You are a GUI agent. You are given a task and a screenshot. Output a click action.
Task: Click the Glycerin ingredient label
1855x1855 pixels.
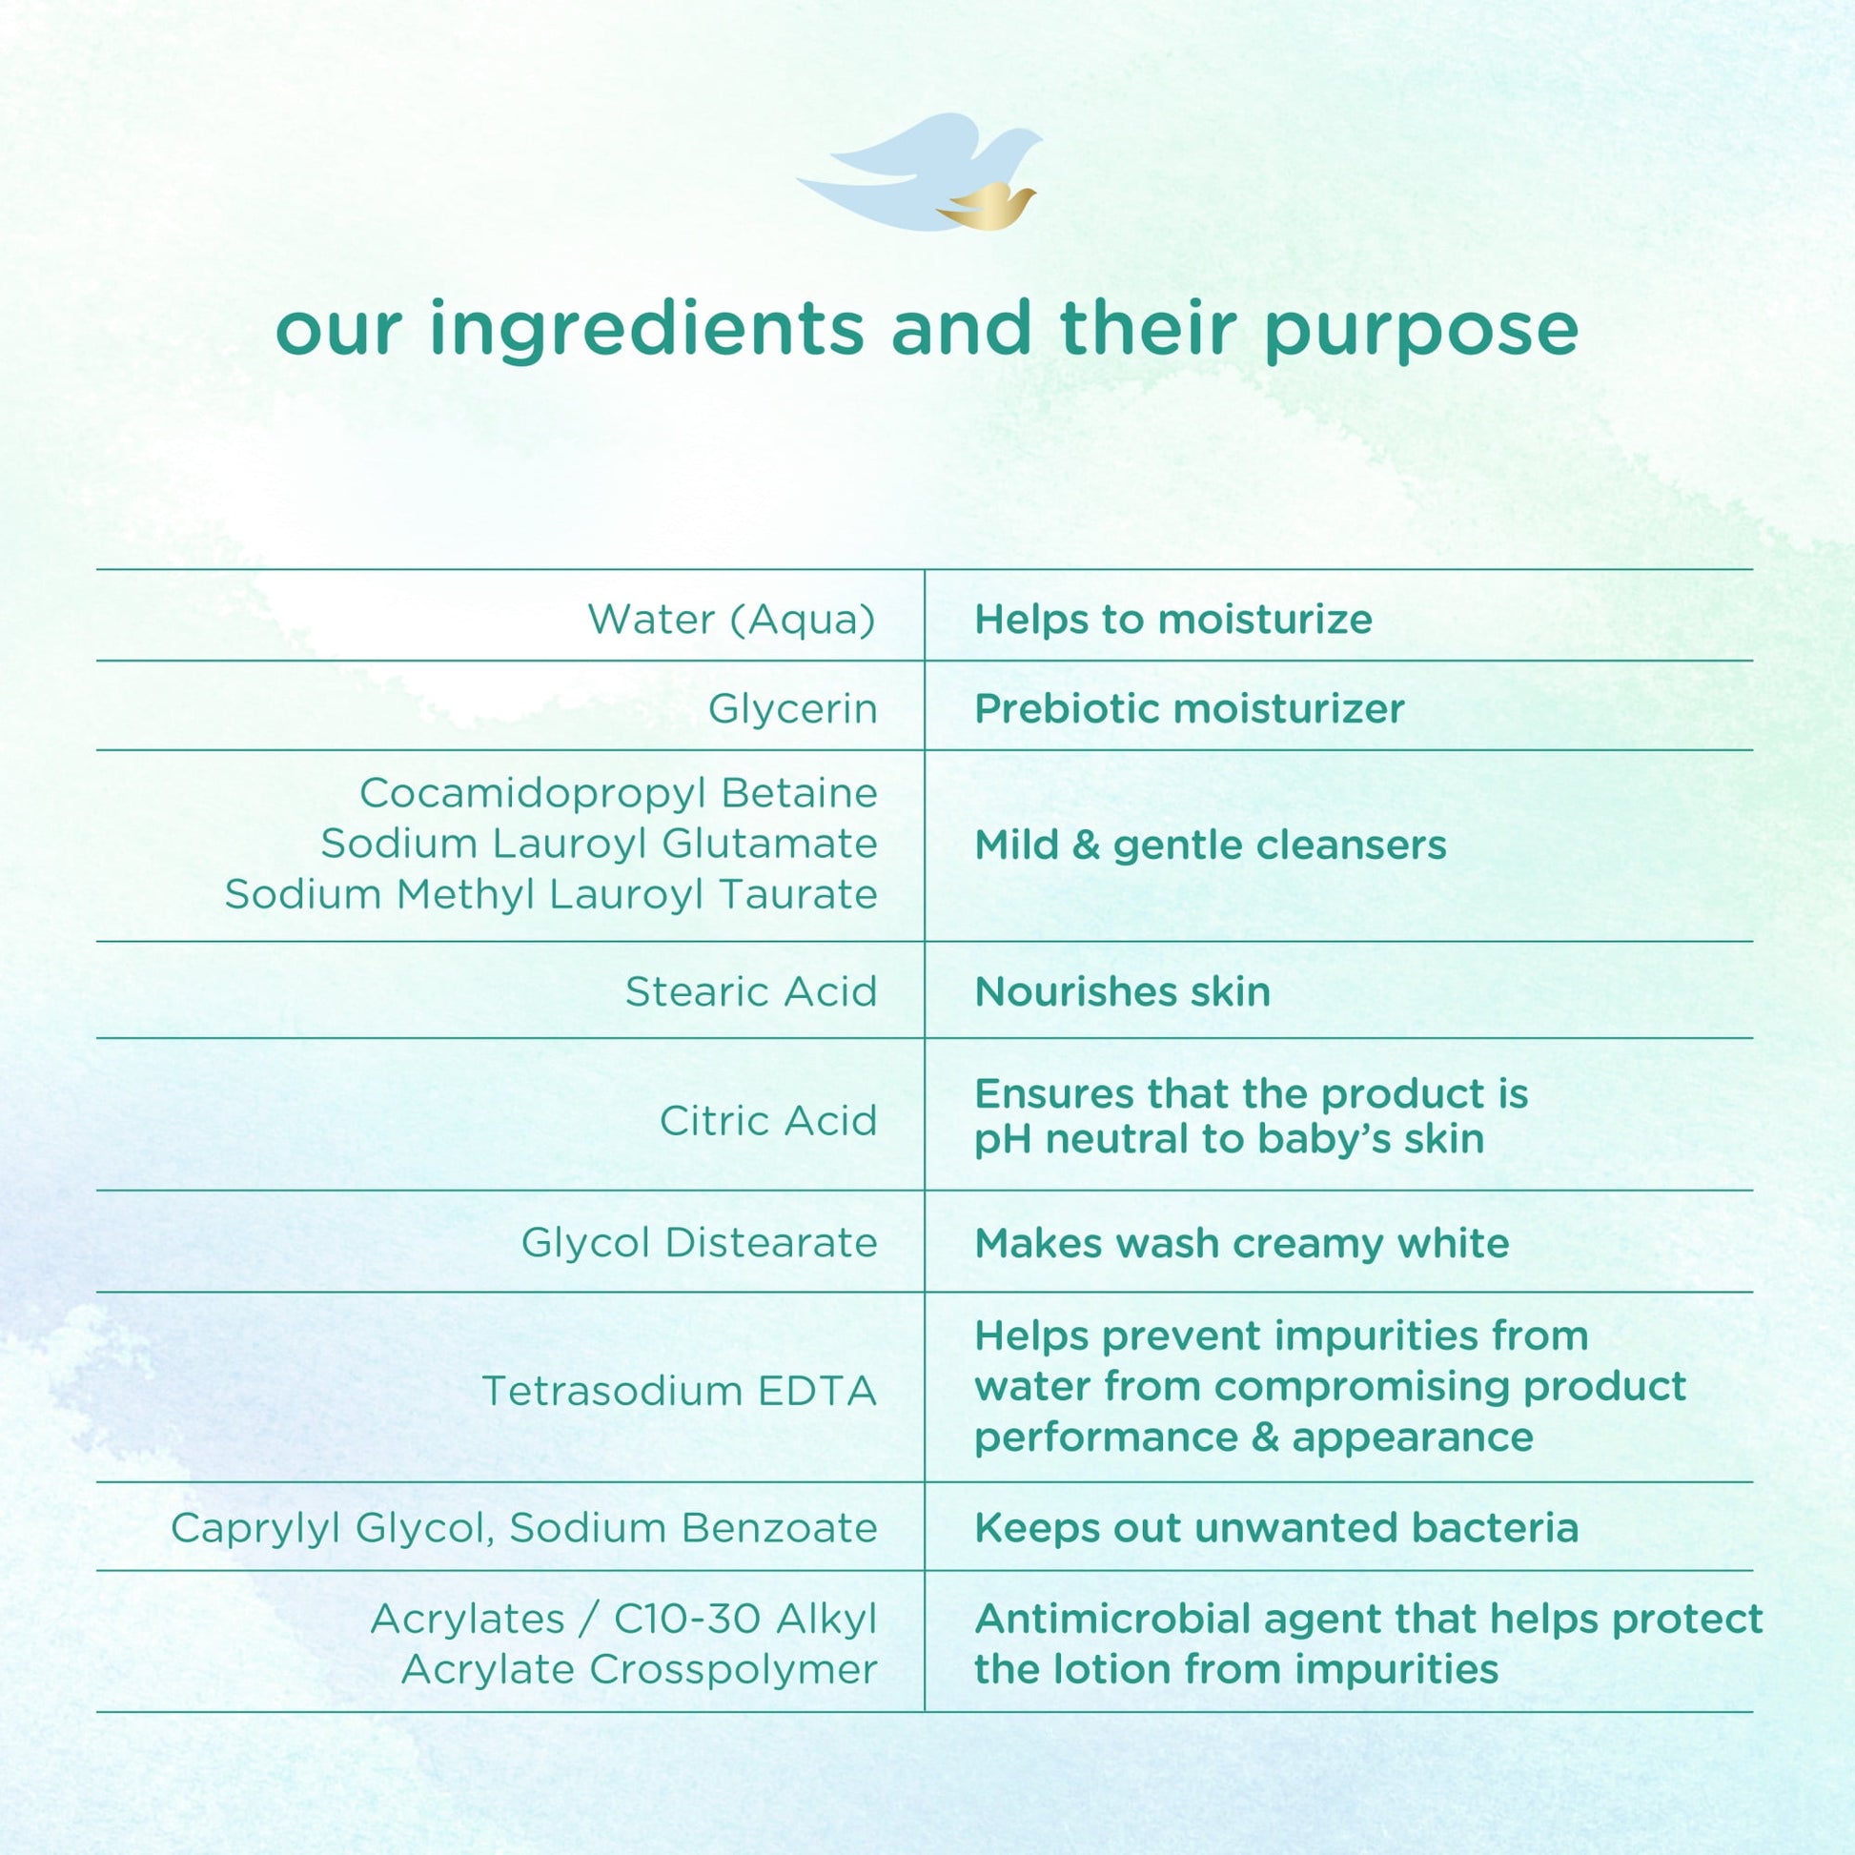click(x=793, y=709)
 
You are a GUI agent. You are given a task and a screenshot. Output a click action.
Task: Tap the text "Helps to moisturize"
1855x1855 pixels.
click(x=1173, y=620)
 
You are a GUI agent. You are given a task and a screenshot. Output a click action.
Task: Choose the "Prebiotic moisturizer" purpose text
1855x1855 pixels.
click(x=1190, y=708)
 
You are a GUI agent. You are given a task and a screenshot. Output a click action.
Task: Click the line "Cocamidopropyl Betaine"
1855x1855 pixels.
click(x=619, y=793)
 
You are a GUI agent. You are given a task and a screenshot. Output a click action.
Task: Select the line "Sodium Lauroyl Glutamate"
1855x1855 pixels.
click(x=600, y=844)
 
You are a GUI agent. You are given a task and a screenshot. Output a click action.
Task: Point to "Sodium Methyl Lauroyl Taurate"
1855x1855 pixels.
click(x=551, y=894)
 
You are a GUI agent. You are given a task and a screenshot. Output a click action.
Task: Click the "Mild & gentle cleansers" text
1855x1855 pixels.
click(x=1210, y=846)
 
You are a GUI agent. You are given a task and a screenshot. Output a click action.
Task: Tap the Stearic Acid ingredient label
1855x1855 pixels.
click(x=752, y=991)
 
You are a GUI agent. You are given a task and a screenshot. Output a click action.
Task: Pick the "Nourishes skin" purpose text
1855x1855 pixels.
click(x=1122, y=990)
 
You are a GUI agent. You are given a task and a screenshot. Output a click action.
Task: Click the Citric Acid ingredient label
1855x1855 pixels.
click(x=768, y=1120)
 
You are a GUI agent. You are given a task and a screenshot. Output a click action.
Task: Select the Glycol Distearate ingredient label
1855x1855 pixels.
click(x=699, y=1242)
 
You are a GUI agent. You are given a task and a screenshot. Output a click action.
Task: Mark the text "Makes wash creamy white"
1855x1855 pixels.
click(x=1241, y=1243)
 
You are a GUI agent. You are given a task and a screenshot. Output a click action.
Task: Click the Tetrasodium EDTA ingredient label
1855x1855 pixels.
click(x=679, y=1390)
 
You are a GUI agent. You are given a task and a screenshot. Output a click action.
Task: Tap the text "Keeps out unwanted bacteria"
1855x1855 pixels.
click(x=1276, y=1528)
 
